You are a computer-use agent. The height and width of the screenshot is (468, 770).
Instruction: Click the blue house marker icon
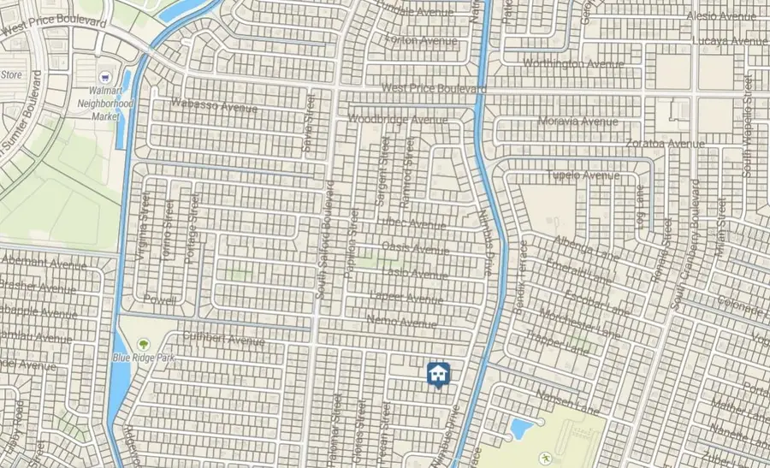438,374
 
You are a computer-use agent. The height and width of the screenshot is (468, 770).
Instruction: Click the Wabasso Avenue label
214,107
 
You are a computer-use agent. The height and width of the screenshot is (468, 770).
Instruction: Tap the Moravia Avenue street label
577,121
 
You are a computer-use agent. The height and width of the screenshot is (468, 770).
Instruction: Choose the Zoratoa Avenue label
665,143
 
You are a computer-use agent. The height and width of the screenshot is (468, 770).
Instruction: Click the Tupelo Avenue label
583,175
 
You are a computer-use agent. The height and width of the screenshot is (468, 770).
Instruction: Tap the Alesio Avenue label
720,16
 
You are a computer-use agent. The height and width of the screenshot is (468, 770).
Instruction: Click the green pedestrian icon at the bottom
544,459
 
